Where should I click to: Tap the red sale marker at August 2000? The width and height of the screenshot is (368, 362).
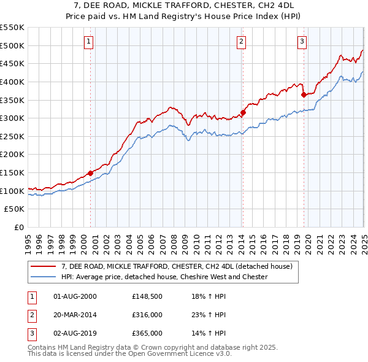[x=90, y=173]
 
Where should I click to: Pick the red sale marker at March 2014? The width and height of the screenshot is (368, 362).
[x=243, y=112]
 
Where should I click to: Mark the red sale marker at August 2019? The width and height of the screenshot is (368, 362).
[x=304, y=94]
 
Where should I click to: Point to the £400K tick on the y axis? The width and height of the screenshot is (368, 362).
[x=13, y=82]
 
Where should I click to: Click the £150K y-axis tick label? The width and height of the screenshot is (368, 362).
[x=13, y=173]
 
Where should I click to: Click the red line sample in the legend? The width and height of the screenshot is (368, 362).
[x=43, y=267]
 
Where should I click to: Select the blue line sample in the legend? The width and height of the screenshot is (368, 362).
[x=43, y=277]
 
